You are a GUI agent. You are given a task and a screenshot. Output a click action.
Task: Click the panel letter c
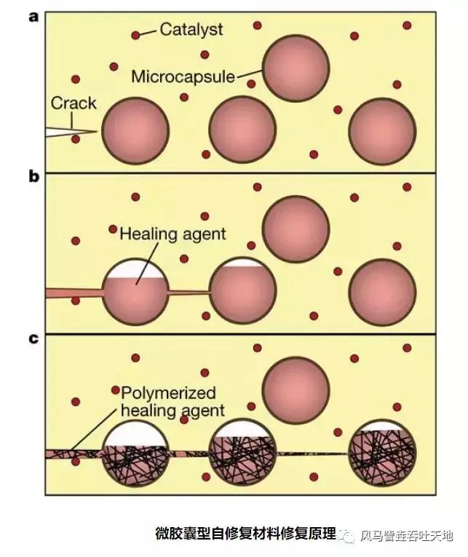click(x=33, y=339)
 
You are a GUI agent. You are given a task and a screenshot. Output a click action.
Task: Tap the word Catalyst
click(x=191, y=30)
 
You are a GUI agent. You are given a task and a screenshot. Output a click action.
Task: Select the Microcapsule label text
click(x=183, y=75)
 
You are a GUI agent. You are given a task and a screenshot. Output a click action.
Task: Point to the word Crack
click(x=73, y=103)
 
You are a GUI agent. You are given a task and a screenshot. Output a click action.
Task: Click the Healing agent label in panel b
click(x=172, y=234)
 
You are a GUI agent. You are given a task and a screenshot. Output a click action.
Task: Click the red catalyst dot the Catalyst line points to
click(x=135, y=35)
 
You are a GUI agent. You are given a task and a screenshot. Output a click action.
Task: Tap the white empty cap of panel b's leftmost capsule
click(x=135, y=269)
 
